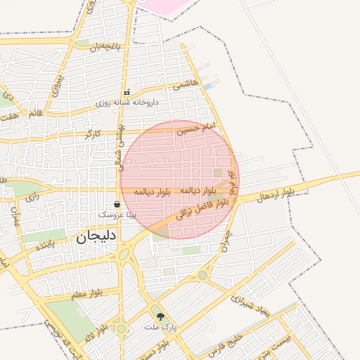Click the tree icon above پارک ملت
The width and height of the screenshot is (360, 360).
point(160,317)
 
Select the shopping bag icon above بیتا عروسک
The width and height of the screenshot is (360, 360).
point(117,204)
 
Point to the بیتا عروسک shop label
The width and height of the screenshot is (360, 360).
point(117,213)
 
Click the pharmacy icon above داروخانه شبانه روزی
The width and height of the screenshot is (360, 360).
point(127,93)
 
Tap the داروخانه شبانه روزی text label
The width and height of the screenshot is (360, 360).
point(128,102)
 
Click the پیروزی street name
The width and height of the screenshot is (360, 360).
point(61,86)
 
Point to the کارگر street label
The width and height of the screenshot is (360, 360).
point(93,133)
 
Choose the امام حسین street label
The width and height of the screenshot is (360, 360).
point(193,129)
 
